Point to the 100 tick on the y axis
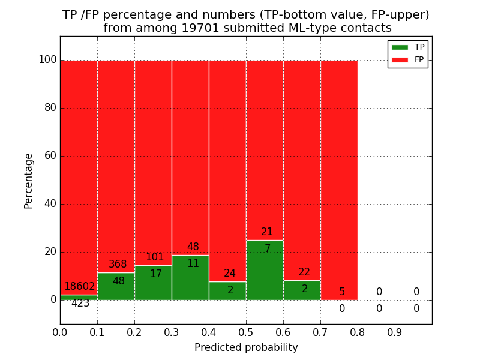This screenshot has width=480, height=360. [47, 60]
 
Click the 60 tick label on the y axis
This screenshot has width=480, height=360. [50, 156]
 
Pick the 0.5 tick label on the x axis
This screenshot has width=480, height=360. [246, 331]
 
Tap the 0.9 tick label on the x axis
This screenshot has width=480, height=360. [395, 331]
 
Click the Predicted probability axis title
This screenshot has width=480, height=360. [246, 347]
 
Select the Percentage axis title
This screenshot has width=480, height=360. [29, 181]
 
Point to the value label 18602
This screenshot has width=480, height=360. [80, 287]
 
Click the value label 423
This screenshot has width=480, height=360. [80, 304]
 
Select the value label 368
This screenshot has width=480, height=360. [118, 265]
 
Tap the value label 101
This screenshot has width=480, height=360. [155, 257]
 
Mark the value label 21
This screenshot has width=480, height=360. [267, 232]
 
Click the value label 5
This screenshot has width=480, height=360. [342, 292]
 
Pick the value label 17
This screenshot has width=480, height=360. [156, 274]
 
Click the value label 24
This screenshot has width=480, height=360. [230, 274]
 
